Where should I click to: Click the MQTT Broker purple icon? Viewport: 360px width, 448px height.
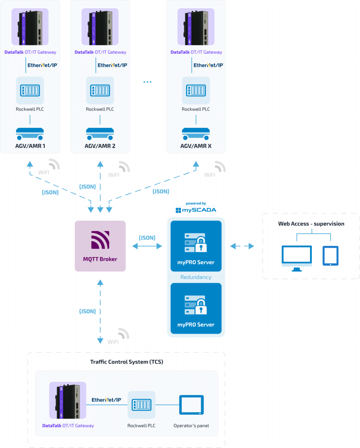tap(100, 240)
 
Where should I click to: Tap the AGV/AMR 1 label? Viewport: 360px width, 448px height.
tap(30, 145)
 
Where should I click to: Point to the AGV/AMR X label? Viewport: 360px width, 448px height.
tap(196, 145)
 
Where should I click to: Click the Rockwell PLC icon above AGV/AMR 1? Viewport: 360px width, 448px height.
tap(30, 91)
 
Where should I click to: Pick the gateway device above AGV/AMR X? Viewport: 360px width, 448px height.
tap(196, 27)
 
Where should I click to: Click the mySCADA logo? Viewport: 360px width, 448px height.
tap(196, 210)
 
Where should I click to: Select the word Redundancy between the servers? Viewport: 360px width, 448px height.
tap(196, 277)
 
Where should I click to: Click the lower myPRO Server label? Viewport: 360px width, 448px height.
tap(196, 325)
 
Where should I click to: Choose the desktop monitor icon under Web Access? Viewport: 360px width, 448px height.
tap(296, 257)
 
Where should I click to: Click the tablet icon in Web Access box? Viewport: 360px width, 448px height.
tap(330, 255)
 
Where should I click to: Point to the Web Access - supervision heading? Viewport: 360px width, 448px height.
tap(311, 224)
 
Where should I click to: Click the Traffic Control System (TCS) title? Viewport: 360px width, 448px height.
tap(126, 362)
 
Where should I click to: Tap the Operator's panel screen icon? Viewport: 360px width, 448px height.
tap(191, 405)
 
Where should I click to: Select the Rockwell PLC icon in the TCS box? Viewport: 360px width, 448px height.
tap(141, 405)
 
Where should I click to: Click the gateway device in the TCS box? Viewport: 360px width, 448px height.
tap(68, 400)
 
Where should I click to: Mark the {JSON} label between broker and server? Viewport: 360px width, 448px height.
tap(147, 238)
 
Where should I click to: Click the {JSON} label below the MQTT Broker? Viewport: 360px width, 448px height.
tap(87, 311)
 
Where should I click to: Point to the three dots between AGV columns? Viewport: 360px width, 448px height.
tap(147, 82)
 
